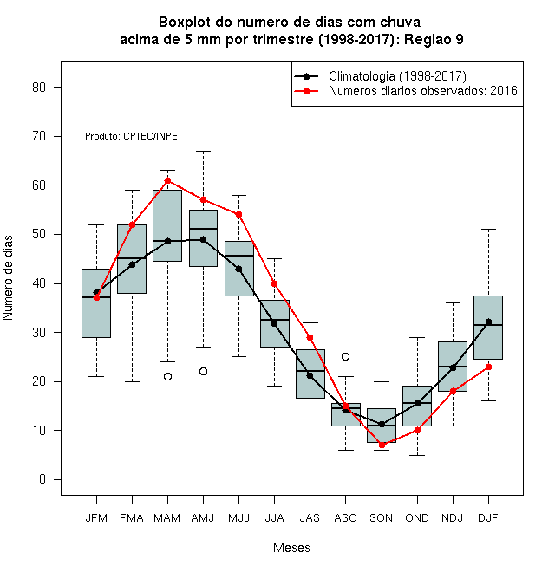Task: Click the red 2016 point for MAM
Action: click(x=167, y=180)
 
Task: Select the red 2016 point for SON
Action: click(x=382, y=445)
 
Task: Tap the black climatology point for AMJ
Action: click(x=204, y=240)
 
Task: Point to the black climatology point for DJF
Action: click(x=488, y=322)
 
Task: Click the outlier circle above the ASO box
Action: click(x=345, y=356)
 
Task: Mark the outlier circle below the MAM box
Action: click(x=167, y=376)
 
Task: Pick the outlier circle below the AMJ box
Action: click(x=204, y=371)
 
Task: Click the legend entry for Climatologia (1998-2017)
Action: click(x=381, y=76)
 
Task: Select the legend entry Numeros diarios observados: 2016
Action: click(x=406, y=91)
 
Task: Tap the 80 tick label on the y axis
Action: click(x=39, y=88)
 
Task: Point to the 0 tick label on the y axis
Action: click(x=42, y=479)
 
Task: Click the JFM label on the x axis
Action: click(x=96, y=518)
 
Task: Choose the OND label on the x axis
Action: click(x=417, y=518)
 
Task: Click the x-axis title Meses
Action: click(x=291, y=548)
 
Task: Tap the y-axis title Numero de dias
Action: click(x=8, y=278)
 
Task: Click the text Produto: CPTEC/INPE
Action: click(x=131, y=136)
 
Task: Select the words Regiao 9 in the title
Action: click(x=434, y=39)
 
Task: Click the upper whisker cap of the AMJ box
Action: click(x=204, y=151)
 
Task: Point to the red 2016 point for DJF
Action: click(x=488, y=367)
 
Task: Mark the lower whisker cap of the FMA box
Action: click(x=132, y=381)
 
